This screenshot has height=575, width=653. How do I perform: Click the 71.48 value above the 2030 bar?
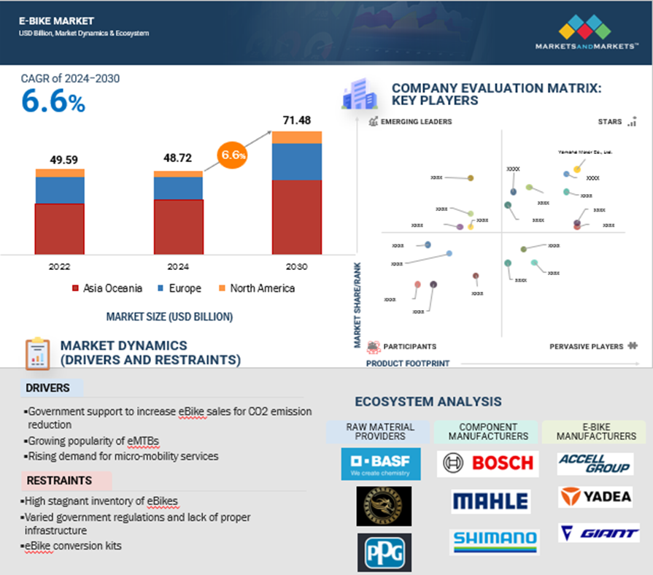point(296,120)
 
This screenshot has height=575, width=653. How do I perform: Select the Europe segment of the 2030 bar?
point(297,161)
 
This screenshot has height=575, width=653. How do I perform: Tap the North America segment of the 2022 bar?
point(60,173)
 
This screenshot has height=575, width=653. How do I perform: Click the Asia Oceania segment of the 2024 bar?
point(178,226)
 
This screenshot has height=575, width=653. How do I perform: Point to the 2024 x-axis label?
point(178,267)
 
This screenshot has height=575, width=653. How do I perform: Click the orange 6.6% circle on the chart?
point(233,155)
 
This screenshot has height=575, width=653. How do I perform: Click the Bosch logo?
point(487,463)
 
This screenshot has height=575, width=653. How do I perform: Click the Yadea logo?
point(595,497)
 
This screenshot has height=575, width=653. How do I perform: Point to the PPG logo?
point(384,552)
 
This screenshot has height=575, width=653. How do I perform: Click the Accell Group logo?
point(595,463)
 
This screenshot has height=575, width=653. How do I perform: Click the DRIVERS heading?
point(47,388)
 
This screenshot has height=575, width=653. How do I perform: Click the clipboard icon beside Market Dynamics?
point(37,353)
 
